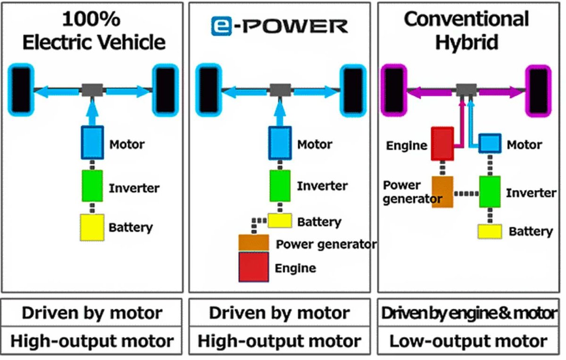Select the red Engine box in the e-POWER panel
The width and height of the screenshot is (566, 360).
254,267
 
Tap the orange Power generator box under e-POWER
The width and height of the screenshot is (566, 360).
254,243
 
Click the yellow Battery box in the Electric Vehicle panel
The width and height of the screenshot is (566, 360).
92,227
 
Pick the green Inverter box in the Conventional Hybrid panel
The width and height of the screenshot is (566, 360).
490,192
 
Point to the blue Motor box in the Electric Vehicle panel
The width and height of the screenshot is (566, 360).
92,143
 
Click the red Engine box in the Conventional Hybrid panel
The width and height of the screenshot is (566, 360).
442,144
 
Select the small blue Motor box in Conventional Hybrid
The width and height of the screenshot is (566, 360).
490,143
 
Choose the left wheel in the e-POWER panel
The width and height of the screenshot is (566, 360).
208,90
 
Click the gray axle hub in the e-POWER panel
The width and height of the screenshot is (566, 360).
280,90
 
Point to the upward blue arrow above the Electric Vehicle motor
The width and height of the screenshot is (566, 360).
92,113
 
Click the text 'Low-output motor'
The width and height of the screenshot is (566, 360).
468,341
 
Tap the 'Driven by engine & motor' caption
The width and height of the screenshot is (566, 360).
468,313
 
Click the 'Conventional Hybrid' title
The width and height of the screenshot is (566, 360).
466,31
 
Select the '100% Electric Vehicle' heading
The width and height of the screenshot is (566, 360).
93,31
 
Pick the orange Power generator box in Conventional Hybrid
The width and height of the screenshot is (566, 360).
442,192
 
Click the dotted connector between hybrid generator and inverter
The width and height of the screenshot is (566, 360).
466,193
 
